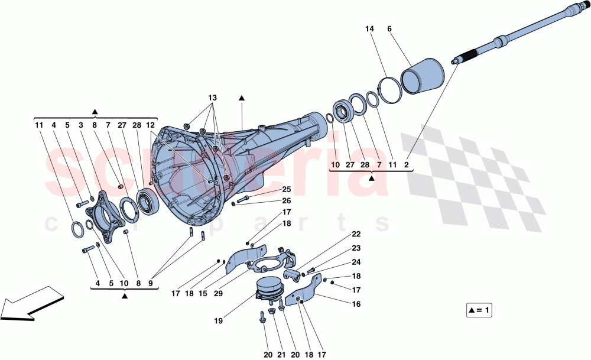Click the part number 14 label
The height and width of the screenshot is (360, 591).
click(x=369, y=28)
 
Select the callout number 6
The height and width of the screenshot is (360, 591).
click(x=389, y=28)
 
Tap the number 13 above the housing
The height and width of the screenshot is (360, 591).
click(x=212, y=97)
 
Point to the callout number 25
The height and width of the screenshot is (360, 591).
click(x=287, y=190)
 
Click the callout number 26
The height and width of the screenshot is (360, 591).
click(x=287, y=200)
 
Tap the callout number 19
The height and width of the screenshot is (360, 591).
click(x=218, y=322)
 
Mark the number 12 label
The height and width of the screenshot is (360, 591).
click(x=151, y=125)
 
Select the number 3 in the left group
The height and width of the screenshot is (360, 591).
click(x=81, y=125)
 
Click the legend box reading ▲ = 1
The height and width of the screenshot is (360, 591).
click(x=479, y=310)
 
